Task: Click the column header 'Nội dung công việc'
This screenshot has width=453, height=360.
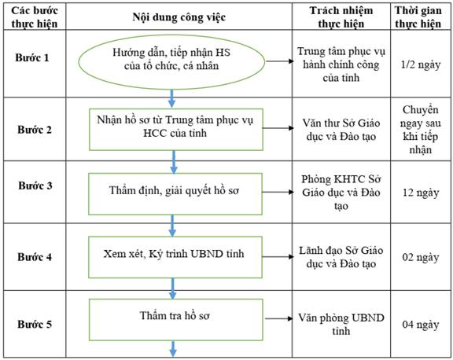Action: (x=179, y=17)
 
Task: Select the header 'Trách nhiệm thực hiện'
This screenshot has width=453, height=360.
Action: (x=341, y=17)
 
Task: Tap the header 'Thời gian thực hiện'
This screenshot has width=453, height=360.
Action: (x=418, y=17)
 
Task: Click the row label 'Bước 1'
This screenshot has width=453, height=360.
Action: (x=32, y=57)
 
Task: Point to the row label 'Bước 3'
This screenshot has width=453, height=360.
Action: (x=35, y=186)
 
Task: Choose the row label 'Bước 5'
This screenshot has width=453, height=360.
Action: (x=35, y=324)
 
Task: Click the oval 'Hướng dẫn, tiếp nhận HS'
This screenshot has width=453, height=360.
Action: (x=171, y=62)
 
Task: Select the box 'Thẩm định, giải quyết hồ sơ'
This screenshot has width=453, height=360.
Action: (x=175, y=193)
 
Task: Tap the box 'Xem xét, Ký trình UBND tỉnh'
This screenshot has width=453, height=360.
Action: (x=175, y=257)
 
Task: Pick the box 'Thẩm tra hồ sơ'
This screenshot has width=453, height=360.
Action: (x=176, y=320)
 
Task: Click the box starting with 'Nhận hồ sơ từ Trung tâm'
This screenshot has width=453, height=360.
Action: (x=176, y=130)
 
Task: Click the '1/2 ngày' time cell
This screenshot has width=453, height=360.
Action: (x=421, y=64)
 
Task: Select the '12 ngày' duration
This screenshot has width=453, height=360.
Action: (x=421, y=193)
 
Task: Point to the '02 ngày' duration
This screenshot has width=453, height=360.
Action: (x=421, y=257)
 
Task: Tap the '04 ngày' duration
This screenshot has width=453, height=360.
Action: (x=421, y=325)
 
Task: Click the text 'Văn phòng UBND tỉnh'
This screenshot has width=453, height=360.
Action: (x=341, y=324)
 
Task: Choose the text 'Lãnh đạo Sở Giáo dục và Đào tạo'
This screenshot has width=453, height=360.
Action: (x=341, y=257)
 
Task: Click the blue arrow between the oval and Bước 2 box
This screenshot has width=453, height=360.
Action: (x=172, y=98)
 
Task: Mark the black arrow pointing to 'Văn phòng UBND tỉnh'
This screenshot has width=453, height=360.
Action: (x=279, y=318)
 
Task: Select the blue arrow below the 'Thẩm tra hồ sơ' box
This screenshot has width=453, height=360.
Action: (x=173, y=349)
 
